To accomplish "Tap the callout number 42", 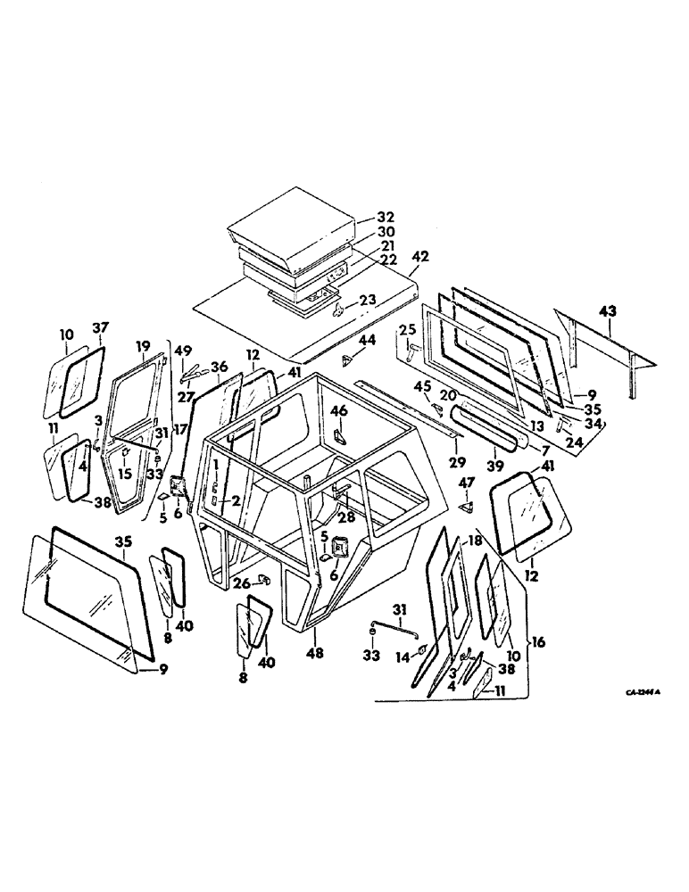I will (x=421, y=255).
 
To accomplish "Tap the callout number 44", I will (x=367, y=341).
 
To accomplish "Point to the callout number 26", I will (x=243, y=584).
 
